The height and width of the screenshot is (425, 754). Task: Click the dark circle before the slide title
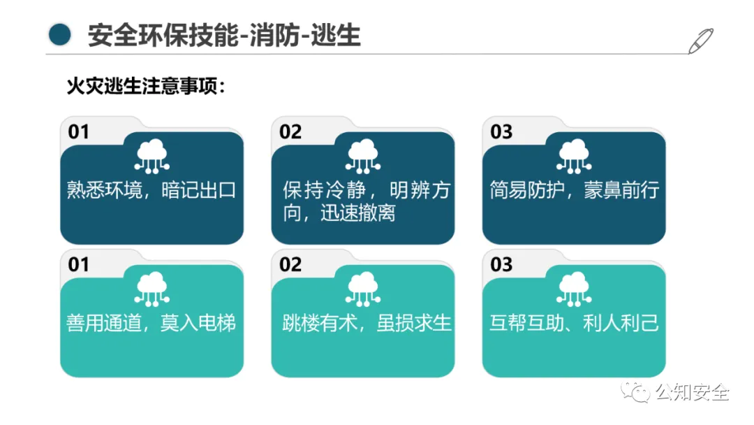61,34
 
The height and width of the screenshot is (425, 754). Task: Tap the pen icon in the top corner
700,41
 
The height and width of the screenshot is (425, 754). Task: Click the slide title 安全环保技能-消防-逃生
224,34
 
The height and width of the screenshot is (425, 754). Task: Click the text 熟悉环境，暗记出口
151,190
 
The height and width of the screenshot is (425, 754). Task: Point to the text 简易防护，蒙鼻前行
574,190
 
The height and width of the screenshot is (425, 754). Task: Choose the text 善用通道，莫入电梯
151,323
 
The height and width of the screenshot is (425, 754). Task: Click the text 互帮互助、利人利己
574,323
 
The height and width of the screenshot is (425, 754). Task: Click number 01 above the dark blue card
79,131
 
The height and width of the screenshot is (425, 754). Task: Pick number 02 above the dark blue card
290,131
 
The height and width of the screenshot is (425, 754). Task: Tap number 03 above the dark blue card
501,131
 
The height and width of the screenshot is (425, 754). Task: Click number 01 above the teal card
79,264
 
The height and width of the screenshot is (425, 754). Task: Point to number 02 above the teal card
290,264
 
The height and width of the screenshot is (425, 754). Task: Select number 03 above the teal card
501,264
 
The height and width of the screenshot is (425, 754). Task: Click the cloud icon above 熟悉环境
152,156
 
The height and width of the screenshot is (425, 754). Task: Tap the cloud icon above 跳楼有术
363,288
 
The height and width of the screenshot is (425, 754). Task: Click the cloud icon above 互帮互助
574,288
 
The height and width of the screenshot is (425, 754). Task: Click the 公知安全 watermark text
691,392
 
